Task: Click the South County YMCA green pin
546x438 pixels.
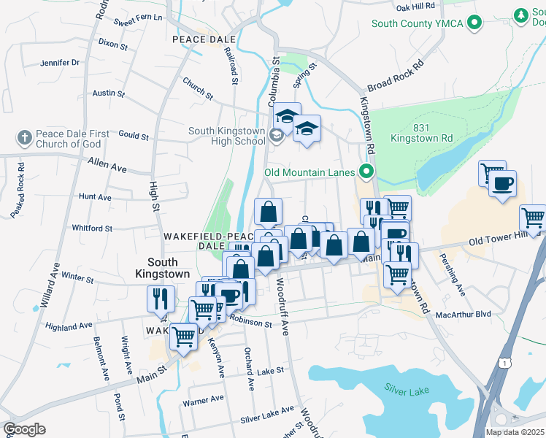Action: pyautogui.click(x=476, y=23)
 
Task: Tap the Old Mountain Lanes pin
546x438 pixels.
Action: pyautogui.click(x=366, y=173)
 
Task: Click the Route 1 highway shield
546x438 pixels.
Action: pyautogui.click(x=504, y=363)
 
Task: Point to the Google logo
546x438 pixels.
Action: pyautogui.click(x=24, y=429)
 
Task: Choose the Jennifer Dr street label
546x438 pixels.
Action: pyautogui.click(x=60, y=63)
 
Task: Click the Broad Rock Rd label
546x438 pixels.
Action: pyautogui.click(x=396, y=77)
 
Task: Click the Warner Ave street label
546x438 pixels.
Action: pyautogui.click(x=203, y=400)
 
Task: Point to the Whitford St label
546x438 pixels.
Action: pyautogui.click(x=92, y=228)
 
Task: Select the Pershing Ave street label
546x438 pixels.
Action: pyautogui.click(x=451, y=274)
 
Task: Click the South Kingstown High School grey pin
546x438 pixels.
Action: pyautogui.click(x=276, y=134)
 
